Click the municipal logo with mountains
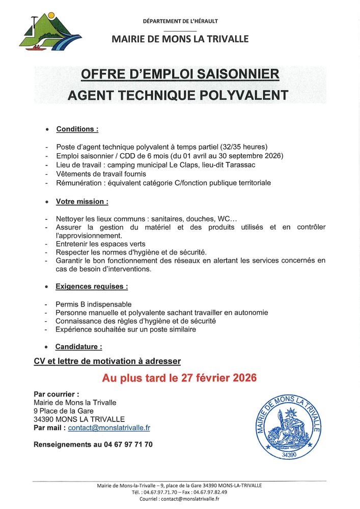[x=50, y=32]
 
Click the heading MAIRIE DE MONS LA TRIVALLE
[x=180, y=39]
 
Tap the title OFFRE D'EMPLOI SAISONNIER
[x=180, y=75]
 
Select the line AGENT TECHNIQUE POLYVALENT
[x=180, y=95]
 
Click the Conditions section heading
[x=77, y=129]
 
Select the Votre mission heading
[x=81, y=202]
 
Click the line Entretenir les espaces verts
[x=100, y=244]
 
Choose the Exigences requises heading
[x=92, y=287]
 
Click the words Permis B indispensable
[x=94, y=304]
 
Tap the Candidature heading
[x=78, y=347]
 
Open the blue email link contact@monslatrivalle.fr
[x=109, y=428]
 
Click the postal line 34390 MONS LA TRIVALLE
[x=79, y=419]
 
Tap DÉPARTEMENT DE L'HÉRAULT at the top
[x=180, y=21]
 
